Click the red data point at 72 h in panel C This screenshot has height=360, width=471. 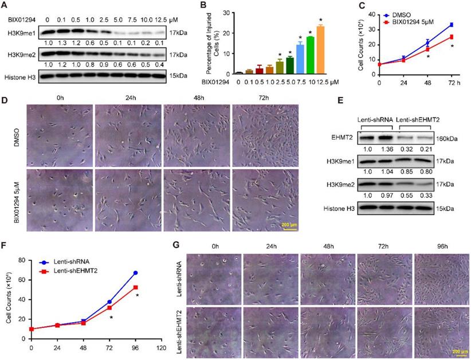452,37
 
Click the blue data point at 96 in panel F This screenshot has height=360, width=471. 135,273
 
